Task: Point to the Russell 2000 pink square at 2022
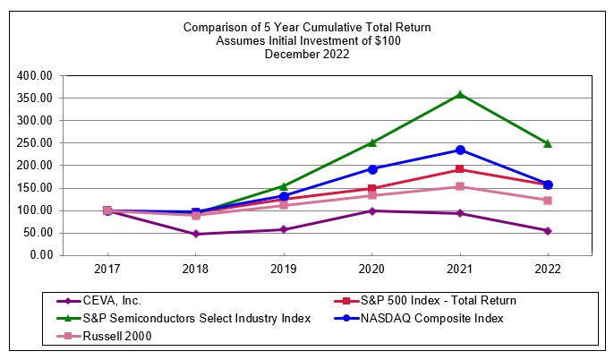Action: (548, 200)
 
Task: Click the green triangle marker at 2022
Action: (548, 143)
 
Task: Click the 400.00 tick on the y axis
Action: (37, 75)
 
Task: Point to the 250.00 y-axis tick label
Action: (37, 142)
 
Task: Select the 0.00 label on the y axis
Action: (40, 255)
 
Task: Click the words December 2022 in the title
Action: (307, 54)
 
